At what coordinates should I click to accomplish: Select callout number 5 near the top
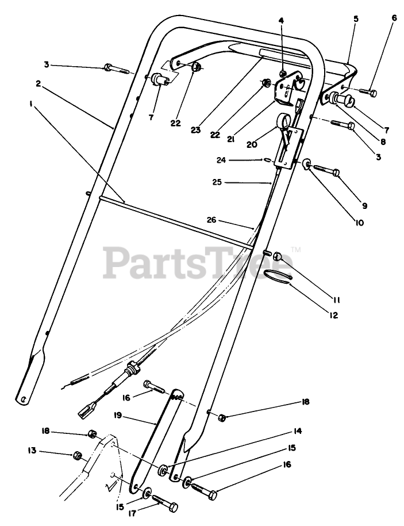pyautogui.click(x=356, y=19)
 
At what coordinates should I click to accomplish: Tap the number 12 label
pyautogui.click(x=333, y=315)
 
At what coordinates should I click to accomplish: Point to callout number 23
pyautogui.click(x=195, y=130)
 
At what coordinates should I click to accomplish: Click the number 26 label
pyautogui.click(x=211, y=219)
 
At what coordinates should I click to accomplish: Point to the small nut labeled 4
pyautogui.click(x=284, y=73)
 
